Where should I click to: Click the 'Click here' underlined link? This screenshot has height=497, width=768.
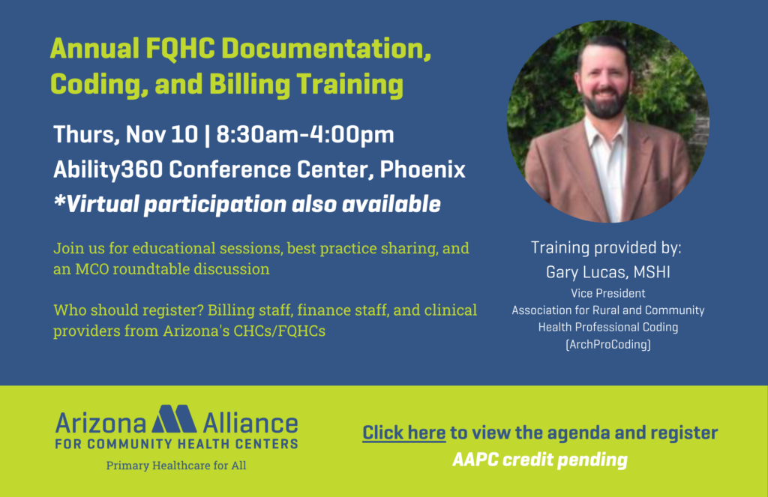coord(403,433)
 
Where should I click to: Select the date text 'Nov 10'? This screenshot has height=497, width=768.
coord(162,135)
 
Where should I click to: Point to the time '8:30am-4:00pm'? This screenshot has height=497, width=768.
coord(305,135)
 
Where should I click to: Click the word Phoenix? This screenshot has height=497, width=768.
coord(422,170)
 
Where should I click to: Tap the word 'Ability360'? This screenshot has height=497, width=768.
coord(108,170)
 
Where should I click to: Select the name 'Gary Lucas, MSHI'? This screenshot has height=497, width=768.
coord(607,272)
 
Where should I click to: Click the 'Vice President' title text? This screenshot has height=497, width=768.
coord(607,293)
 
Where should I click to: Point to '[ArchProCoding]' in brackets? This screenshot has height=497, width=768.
coord(607,345)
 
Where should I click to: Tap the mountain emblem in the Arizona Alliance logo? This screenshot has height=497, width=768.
coord(174,419)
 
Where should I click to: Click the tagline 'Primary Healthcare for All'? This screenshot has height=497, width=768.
coord(176,466)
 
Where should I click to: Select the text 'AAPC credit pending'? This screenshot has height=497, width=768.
coord(540,460)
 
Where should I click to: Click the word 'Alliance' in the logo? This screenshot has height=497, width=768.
coord(250,424)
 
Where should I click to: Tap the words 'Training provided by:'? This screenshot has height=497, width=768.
coord(606,248)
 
